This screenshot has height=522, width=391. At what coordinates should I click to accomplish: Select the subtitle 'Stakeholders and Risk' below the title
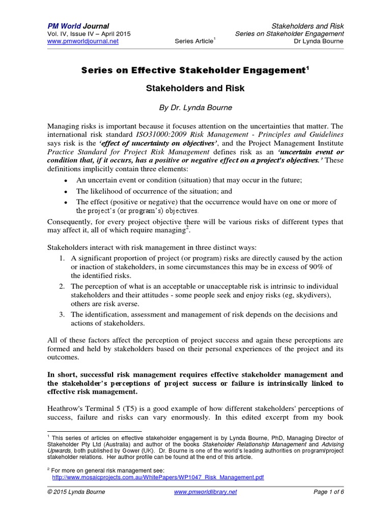(195, 88)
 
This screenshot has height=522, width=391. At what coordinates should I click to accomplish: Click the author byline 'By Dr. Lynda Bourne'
(195, 108)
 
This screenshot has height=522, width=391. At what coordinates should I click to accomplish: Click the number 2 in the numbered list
(61, 286)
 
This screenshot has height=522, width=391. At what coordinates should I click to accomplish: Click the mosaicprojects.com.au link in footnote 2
(158, 478)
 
